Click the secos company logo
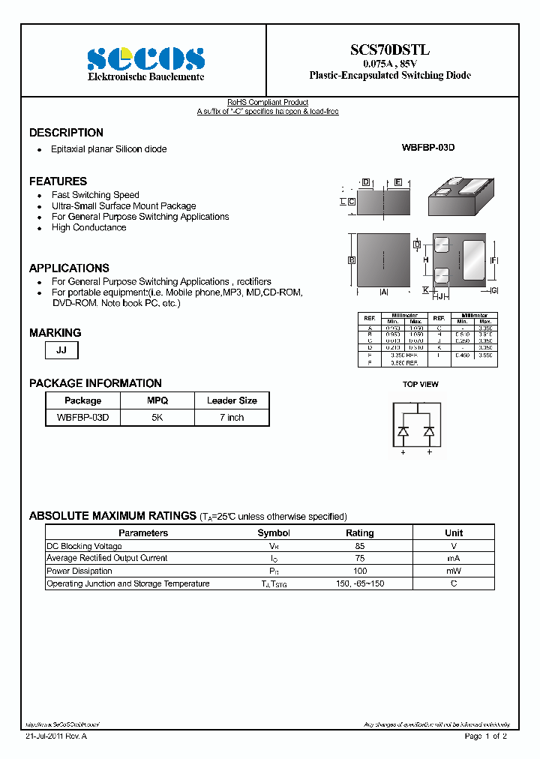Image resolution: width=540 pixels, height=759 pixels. (145, 58)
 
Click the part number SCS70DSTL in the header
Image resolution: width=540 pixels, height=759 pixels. (390, 50)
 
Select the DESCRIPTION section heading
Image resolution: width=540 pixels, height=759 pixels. (66, 133)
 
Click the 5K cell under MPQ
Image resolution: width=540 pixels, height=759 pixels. (157, 417)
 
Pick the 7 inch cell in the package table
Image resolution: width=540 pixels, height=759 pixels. (231, 417)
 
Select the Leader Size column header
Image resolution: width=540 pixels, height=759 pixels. (231, 400)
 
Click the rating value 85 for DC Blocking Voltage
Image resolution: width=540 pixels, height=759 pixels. (360, 546)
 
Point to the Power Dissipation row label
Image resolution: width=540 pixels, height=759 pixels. (79, 571)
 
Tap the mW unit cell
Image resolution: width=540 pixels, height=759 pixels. (454, 571)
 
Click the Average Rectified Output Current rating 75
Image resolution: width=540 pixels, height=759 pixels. (360, 558)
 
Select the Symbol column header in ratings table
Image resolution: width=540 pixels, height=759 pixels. (274, 532)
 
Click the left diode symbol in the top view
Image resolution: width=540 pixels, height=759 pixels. (403, 431)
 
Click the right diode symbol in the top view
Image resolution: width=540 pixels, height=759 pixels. (429, 431)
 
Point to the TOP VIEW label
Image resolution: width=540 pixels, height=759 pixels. (420, 384)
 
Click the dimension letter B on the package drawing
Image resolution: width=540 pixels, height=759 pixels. (351, 260)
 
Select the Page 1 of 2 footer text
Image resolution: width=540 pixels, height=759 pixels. (486, 736)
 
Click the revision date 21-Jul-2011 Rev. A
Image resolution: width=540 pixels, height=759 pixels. (56, 736)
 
